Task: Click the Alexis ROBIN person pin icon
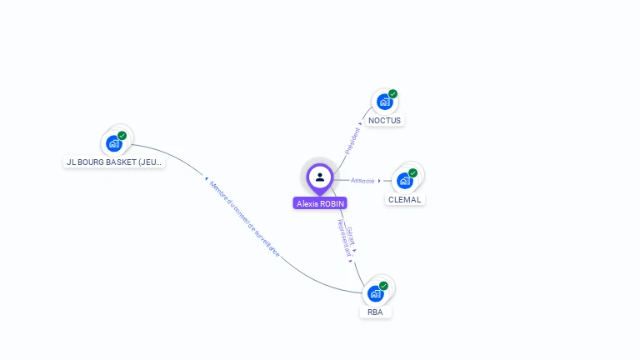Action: [x=320, y=177]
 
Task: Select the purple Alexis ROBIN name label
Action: [x=320, y=203]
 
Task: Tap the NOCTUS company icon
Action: [x=383, y=102]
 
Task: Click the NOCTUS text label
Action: [x=384, y=121]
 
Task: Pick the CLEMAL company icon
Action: [x=404, y=181]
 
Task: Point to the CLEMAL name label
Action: [x=405, y=200]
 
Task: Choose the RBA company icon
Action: [x=375, y=294]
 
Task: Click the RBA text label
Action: [x=375, y=312]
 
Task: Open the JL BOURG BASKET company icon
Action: [x=114, y=143]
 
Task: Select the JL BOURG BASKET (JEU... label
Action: [x=114, y=162]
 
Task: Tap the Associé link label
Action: [x=362, y=181]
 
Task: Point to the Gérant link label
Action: [x=351, y=236]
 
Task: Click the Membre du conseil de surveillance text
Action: [x=244, y=218]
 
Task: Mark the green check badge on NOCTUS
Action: [x=392, y=94]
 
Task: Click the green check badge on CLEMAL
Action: [x=412, y=172]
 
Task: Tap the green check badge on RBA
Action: [x=383, y=286]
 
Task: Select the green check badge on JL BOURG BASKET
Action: [x=122, y=135]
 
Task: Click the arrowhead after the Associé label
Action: [x=379, y=181]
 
